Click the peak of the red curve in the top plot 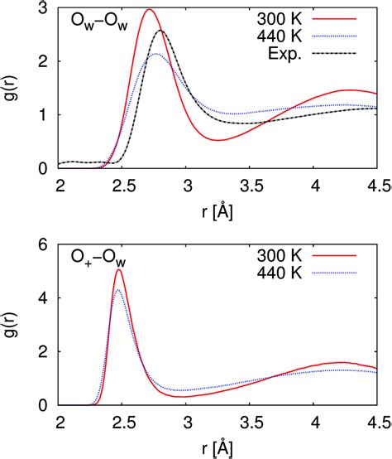[x=149, y=10]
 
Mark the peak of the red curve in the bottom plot [x=119, y=270]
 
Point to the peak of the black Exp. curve [x=160, y=31]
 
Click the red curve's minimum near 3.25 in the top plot [x=217, y=140]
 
